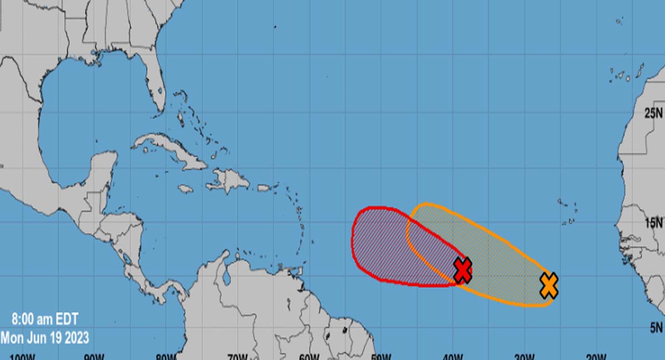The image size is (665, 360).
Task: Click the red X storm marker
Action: coord(463,270)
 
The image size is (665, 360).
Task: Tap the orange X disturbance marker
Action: coord(549,286)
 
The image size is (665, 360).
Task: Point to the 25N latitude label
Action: coord(653,114)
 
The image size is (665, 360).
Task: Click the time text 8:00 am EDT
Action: coord(45,320)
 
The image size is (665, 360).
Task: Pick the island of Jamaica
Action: coord(186,189)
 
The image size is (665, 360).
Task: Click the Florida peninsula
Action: coord(156,89)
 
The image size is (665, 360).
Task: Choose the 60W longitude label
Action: coord(309,356)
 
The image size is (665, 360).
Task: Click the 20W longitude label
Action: coord(596,356)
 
